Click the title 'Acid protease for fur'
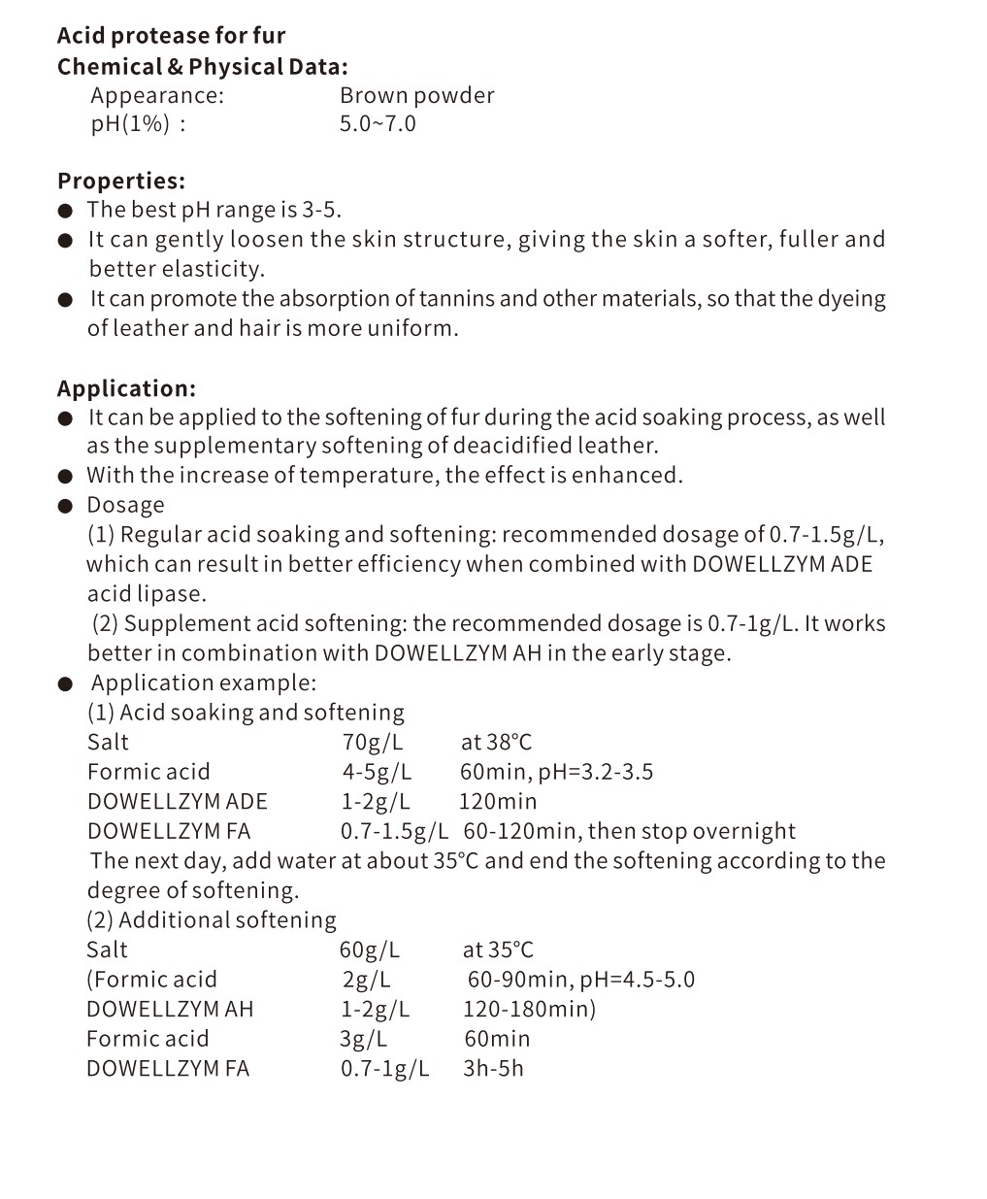(171, 36)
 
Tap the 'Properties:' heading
(121, 181)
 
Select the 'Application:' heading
(126, 388)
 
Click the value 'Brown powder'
(416, 95)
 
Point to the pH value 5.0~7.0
(378, 123)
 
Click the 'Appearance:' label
(157, 95)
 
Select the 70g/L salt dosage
(372, 743)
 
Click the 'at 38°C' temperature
(496, 743)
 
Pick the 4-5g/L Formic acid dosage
(377, 772)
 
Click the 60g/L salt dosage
(369, 949)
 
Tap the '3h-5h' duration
(493, 1068)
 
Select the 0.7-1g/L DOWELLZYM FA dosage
(384, 1068)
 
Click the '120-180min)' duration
(529, 1009)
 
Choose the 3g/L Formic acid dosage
(363, 1039)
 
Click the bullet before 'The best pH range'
(65, 211)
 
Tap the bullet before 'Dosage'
(65, 506)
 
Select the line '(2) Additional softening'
(212, 920)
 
